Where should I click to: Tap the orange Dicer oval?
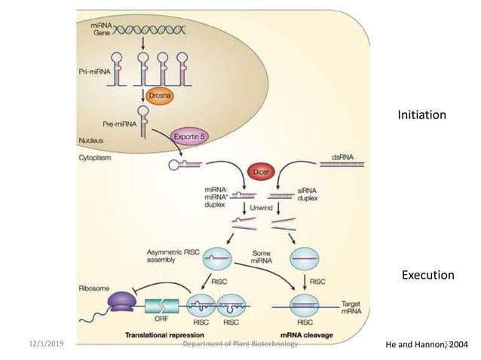[x=256, y=172]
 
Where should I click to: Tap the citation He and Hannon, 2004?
[x=426, y=344]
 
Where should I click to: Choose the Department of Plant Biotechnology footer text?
[x=240, y=344]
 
